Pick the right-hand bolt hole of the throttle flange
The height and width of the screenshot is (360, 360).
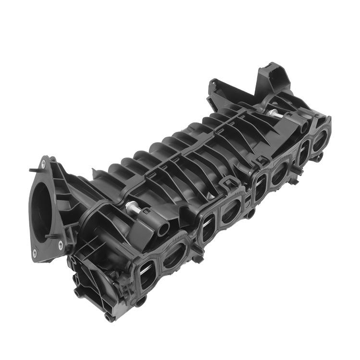click(61, 244)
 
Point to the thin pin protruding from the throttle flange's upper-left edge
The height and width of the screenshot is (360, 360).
click(33, 170)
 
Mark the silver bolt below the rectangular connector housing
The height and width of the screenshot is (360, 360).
click(275, 115)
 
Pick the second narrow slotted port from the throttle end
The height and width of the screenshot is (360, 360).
click(207, 226)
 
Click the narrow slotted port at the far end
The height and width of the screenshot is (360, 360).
click(303, 153)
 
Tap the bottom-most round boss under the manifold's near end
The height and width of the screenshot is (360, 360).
click(109, 317)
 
